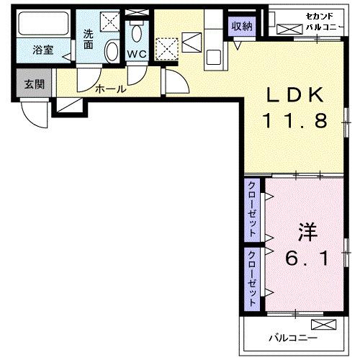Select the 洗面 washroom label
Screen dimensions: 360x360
tap(88, 39)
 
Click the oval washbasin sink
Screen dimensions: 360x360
tap(112, 51)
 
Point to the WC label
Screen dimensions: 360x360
tap(137, 54)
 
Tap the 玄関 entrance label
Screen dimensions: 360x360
tap(34, 84)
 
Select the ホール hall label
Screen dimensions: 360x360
tap(110, 90)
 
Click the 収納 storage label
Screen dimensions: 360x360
tap(241, 25)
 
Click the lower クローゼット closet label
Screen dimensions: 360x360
tap(253, 278)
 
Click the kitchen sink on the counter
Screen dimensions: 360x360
tap(214, 56)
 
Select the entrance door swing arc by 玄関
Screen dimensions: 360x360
tap(32, 114)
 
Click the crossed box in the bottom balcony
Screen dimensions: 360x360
tap(325, 324)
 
